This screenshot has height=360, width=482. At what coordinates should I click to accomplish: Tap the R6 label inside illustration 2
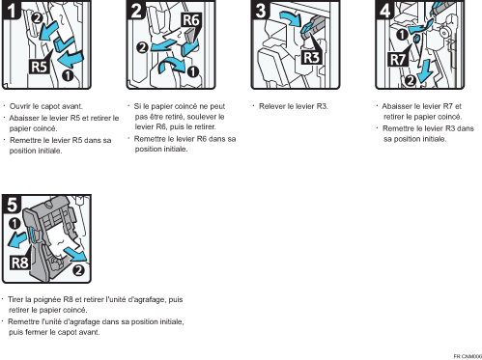pyautogui.click(x=191, y=18)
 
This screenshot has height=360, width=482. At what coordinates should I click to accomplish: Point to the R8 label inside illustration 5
pyautogui.click(x=21, y=262)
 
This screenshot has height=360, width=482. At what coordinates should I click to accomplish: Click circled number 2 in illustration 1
pyautogui.click(x=37, y=16)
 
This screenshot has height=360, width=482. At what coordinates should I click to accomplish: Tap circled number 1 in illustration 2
pyautogui.click(x=193, y=71)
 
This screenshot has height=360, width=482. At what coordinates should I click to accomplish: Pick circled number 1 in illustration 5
pyautogui.click(x=14, y=225)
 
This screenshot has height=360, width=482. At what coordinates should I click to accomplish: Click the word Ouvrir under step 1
pyautogui.click(x=21, y=104)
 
